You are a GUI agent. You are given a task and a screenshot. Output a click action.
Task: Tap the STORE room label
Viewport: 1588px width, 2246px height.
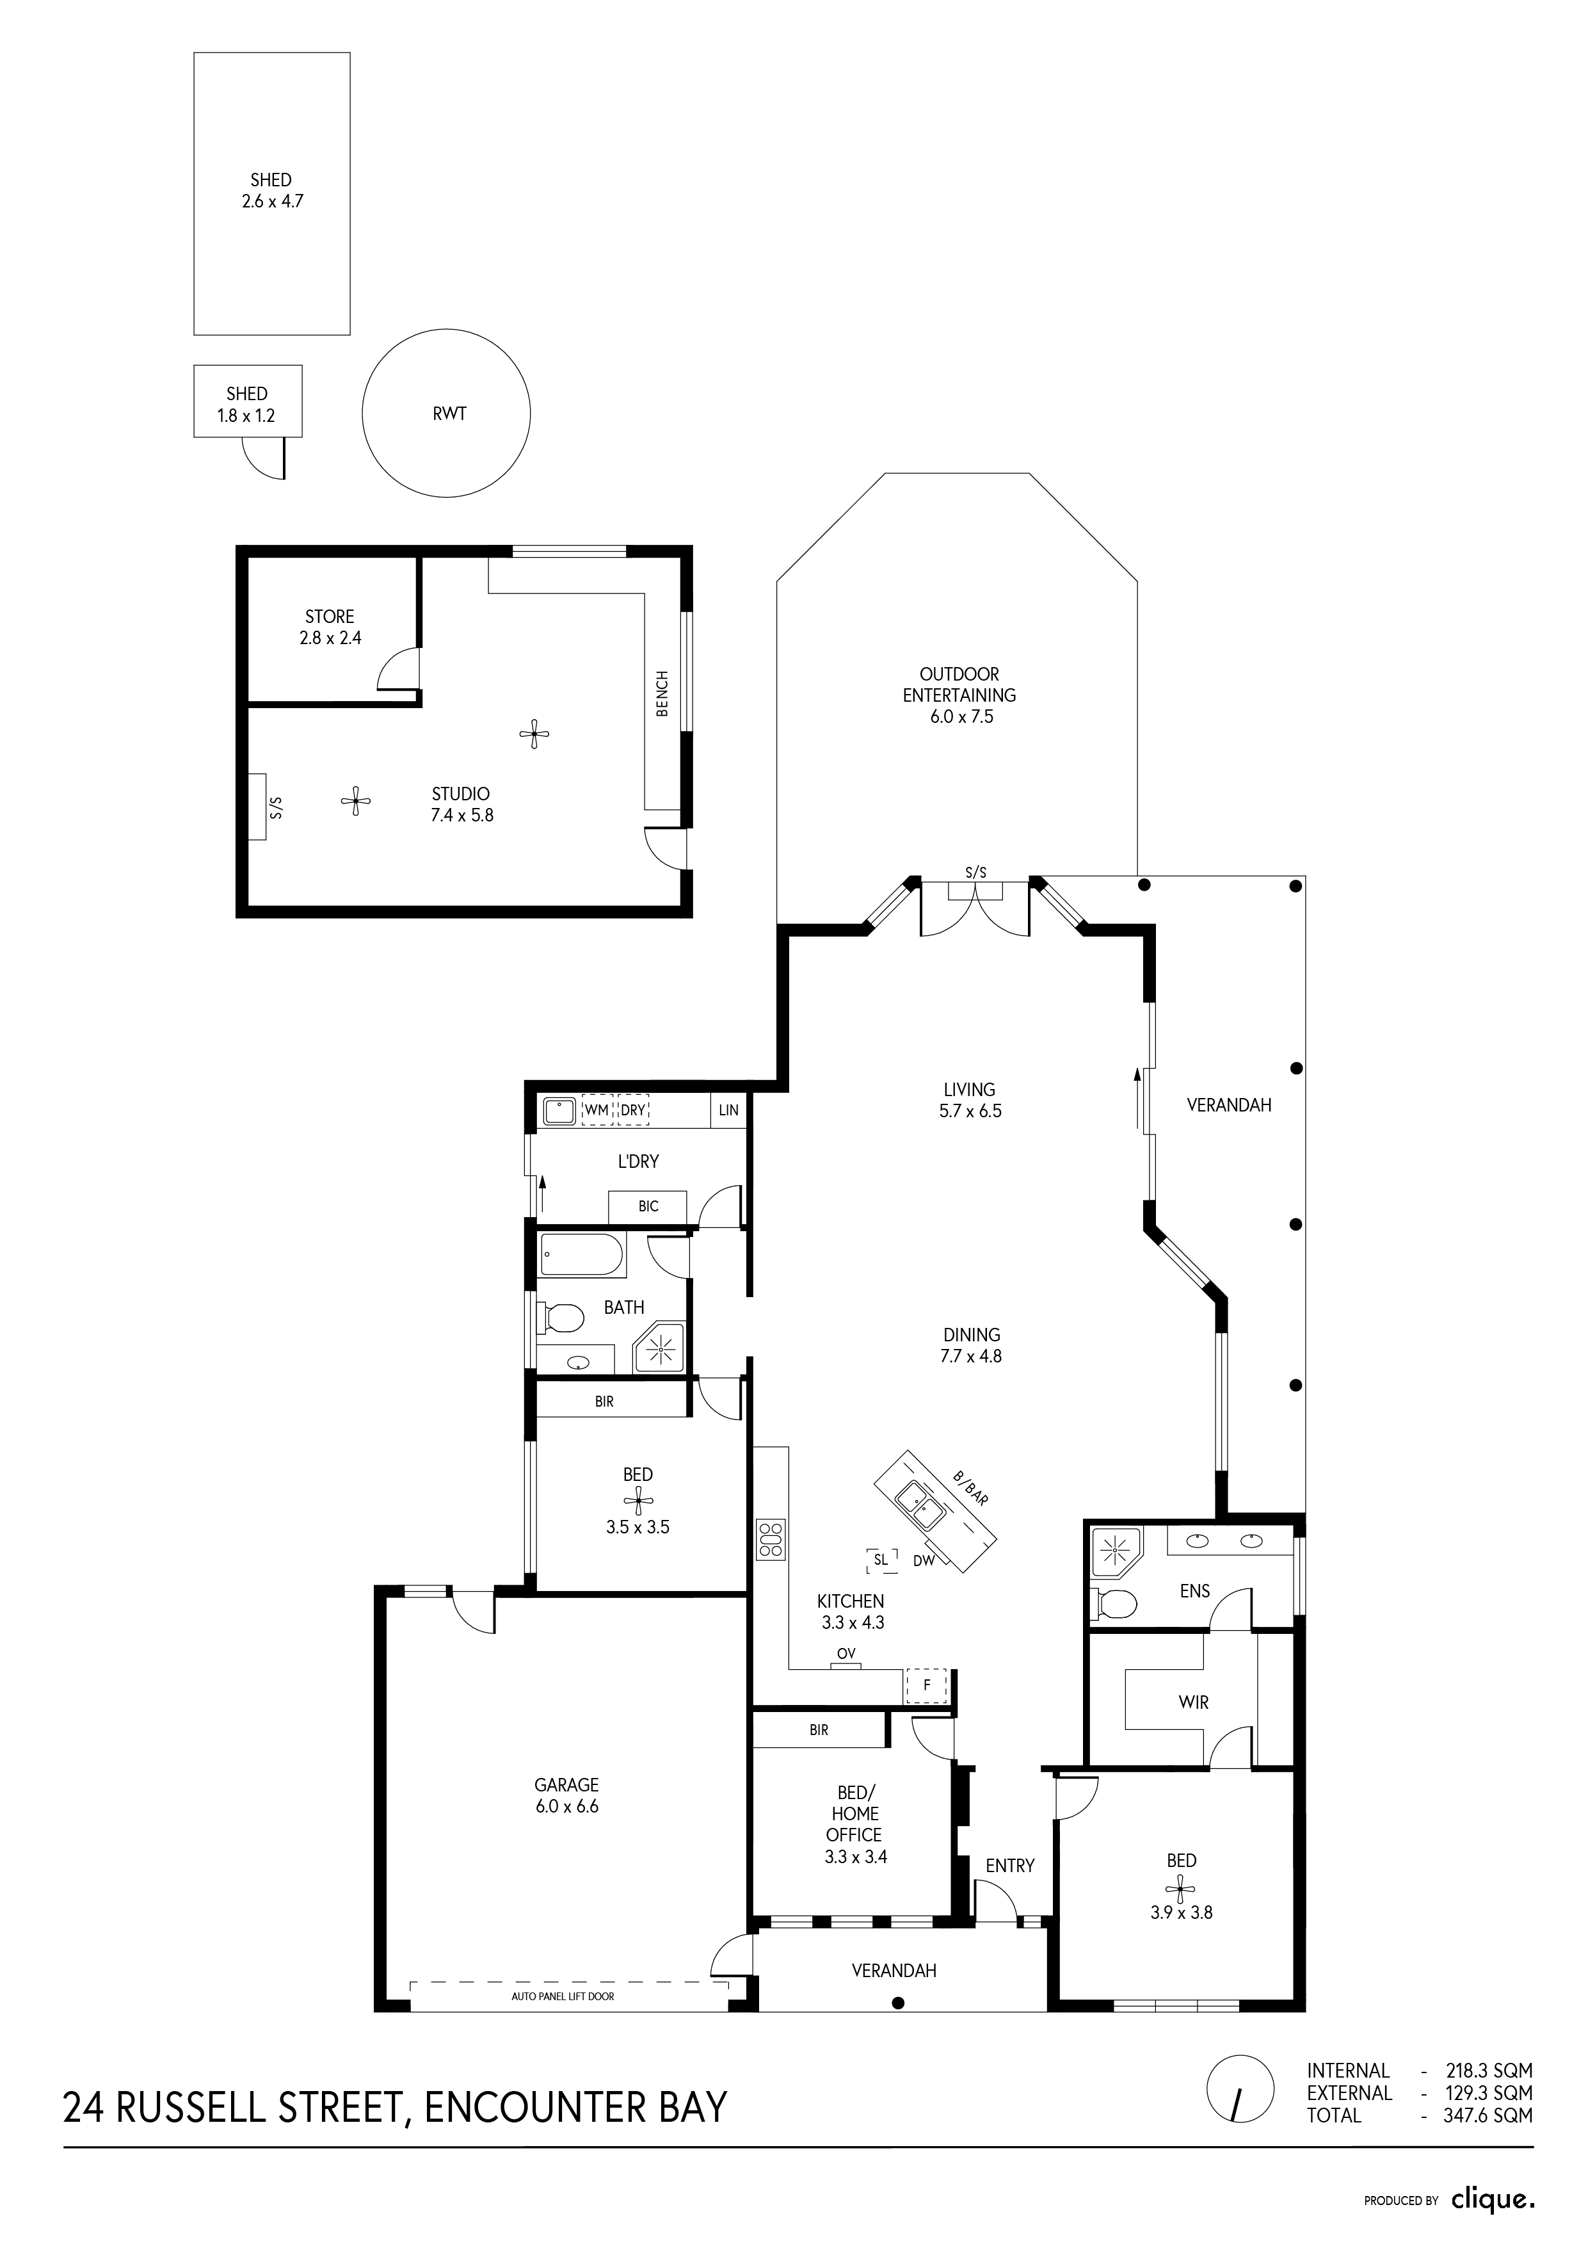click(x=330, y=617)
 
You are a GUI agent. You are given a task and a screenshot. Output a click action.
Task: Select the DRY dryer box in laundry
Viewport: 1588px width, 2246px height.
click(x=634, y=1110)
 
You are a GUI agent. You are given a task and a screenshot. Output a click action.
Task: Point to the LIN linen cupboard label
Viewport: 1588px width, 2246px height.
click(x=728, y=1110)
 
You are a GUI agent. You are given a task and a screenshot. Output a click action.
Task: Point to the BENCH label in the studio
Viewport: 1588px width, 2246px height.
click(x=662, y=693)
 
